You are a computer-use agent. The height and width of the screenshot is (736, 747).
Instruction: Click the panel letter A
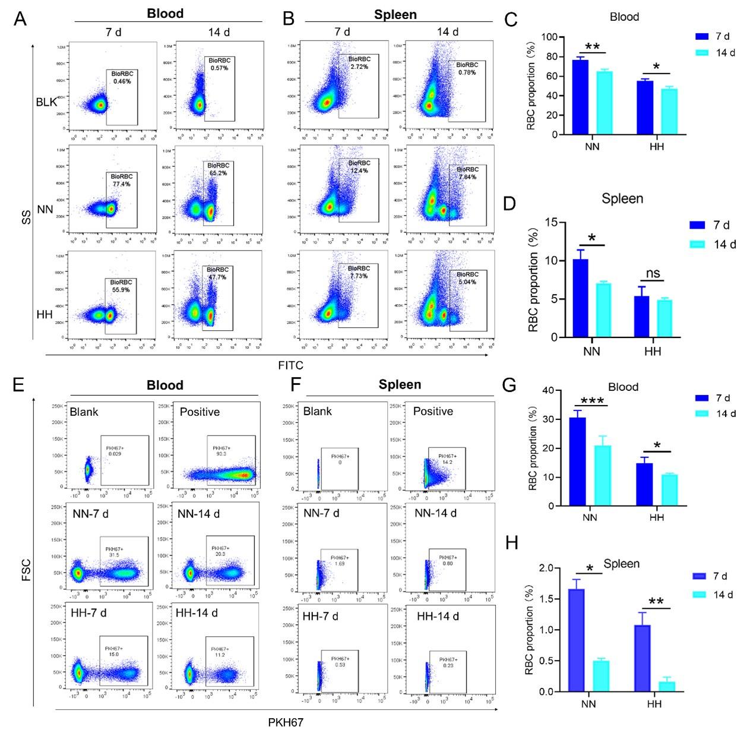coord(20,19)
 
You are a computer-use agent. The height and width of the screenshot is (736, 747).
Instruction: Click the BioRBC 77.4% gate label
coord(121,180)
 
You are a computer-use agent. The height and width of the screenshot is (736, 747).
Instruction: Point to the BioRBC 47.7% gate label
coord(218,273)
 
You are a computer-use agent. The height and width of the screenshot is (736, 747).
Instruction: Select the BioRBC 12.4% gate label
coord(359,167)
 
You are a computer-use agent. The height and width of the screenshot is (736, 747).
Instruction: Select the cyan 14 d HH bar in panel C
coord(669,111)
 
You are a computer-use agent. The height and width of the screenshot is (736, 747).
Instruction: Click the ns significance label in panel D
coord(653,273)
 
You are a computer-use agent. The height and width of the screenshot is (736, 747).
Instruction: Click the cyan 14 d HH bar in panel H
coord(667,686)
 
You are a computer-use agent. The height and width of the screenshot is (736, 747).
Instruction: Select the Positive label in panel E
coord(200,412)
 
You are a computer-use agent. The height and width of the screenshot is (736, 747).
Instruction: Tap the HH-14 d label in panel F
coord(438,616)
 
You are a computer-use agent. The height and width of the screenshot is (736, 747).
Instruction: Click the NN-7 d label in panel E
coord(91,513)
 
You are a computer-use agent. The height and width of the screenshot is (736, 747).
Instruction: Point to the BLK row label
coord(46,102)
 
